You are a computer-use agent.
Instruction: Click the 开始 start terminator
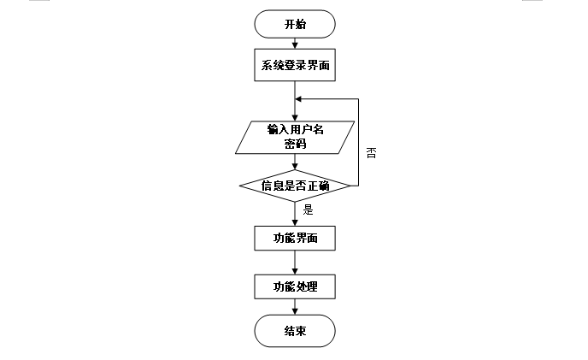[x=295, y=24]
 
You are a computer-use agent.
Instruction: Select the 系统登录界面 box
[x=295, y=65]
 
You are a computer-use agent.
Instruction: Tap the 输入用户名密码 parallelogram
[x=295, y=137]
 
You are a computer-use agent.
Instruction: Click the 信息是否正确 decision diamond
[x=295, y=186]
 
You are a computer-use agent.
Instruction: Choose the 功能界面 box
[x=295, y=238]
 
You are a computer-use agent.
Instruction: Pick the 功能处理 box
[x=295, y=286]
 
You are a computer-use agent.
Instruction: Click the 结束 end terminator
[x=295, y=331]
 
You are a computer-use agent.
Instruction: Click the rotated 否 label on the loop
[x=372, y=154]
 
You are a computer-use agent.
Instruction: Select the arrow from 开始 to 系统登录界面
[x=295, y=43]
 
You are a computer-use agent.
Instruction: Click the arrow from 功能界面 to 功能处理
[x=295, y=262]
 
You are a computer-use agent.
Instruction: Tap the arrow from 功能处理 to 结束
[x=295, y=307]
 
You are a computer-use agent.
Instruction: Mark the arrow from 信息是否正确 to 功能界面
[x=295, y=214]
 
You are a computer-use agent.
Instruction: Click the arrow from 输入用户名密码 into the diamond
[x=295, y=162]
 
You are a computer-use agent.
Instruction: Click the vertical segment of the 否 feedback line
[x=357, y=141]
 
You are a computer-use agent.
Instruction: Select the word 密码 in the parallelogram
[x=295, y=145]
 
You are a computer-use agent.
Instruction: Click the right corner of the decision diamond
[x=350, y=186]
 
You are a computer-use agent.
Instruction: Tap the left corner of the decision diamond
[x=240, y=186]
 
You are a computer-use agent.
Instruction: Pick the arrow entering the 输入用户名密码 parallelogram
[x=295, y=109]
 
